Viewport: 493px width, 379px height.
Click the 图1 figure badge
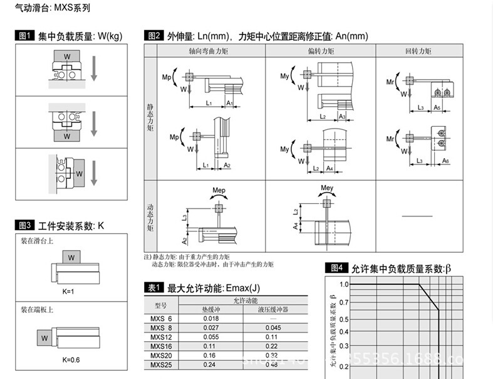24,36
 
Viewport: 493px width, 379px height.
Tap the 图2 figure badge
153,36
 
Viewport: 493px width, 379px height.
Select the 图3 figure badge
24,225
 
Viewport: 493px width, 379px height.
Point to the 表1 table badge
153,288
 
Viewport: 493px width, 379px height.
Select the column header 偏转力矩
320,50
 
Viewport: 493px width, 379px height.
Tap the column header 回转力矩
418,50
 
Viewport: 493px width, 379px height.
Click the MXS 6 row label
161,319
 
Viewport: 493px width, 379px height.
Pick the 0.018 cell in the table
211,319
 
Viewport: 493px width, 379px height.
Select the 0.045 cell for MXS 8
272,328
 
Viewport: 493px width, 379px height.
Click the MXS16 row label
161,345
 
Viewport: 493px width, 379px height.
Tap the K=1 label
68,291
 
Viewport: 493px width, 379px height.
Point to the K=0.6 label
71,360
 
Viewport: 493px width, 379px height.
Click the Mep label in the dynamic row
219,190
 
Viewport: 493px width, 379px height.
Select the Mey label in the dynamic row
326,188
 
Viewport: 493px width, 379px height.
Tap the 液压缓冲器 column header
272,309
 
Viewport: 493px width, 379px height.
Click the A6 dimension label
445,161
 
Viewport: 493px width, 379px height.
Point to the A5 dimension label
437,108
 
